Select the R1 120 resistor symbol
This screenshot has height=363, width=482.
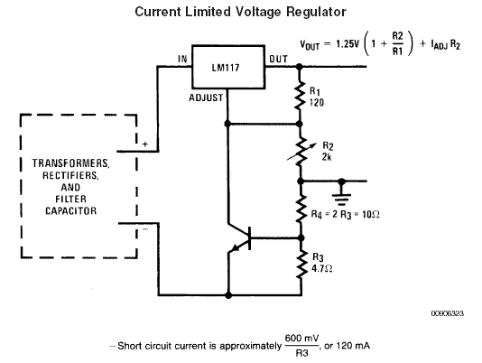click(x=300, y=96)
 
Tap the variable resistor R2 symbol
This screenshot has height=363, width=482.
click(x=301, y=152)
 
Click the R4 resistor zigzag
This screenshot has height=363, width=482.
click(x=301, y=209)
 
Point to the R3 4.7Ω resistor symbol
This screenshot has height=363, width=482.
click(x=301, y=265)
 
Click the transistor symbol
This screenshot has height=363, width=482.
click(x=240, y=238)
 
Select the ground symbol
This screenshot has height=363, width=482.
click(x=341, y=194)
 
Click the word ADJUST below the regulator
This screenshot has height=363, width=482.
click(x=206, y=98)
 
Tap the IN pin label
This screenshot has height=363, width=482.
click(x=182, y=59)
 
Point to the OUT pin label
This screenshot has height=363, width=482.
click(x=279, y=59)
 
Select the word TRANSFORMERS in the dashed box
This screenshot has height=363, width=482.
click(x=70, y=163)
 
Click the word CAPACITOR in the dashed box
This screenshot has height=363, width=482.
click(x=70, y=211)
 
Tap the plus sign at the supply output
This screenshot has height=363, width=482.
click(x=145, y=144)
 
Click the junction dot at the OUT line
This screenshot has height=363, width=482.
click(x=299, y=66)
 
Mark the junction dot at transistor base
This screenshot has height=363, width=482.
click(x=301, y=237)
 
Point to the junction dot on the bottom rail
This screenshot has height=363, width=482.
click(x=228, y=295)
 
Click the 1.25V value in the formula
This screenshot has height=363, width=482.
click(x=348, y=44)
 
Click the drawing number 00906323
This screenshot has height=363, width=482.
click(x=448, y=313)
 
